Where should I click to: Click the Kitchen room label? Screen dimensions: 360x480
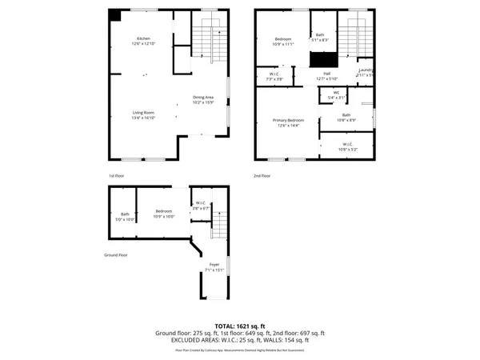pos(143,38)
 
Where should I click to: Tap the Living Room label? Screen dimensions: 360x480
pos(143,112)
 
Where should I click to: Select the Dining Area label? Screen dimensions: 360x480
pos(203,98)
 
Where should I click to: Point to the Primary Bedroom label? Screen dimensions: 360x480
pos(288,120)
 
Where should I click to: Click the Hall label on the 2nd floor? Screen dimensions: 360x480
pos(326,73)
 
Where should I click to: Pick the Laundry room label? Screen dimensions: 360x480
pos(366,70)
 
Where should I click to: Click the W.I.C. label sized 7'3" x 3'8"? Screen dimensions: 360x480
pos(274,74)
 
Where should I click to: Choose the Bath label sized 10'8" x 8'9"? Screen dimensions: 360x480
pos(346,115)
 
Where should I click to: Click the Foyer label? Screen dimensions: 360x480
pos(214,264)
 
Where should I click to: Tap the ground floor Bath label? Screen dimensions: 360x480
pos(125,214)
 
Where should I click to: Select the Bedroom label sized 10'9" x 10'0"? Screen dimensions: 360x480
pos(164,211)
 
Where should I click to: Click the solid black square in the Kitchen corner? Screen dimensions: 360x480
pos(115,14)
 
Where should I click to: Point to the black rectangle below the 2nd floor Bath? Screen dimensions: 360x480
pos(324,59)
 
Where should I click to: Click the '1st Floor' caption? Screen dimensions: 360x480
pos(117,175)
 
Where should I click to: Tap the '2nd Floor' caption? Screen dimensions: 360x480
pos(262,175)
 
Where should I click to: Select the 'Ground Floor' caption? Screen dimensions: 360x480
pos(116,255)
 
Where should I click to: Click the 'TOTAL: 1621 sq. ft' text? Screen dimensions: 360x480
pos(239,326)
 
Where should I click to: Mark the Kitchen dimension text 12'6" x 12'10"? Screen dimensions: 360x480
pos(143,45)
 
